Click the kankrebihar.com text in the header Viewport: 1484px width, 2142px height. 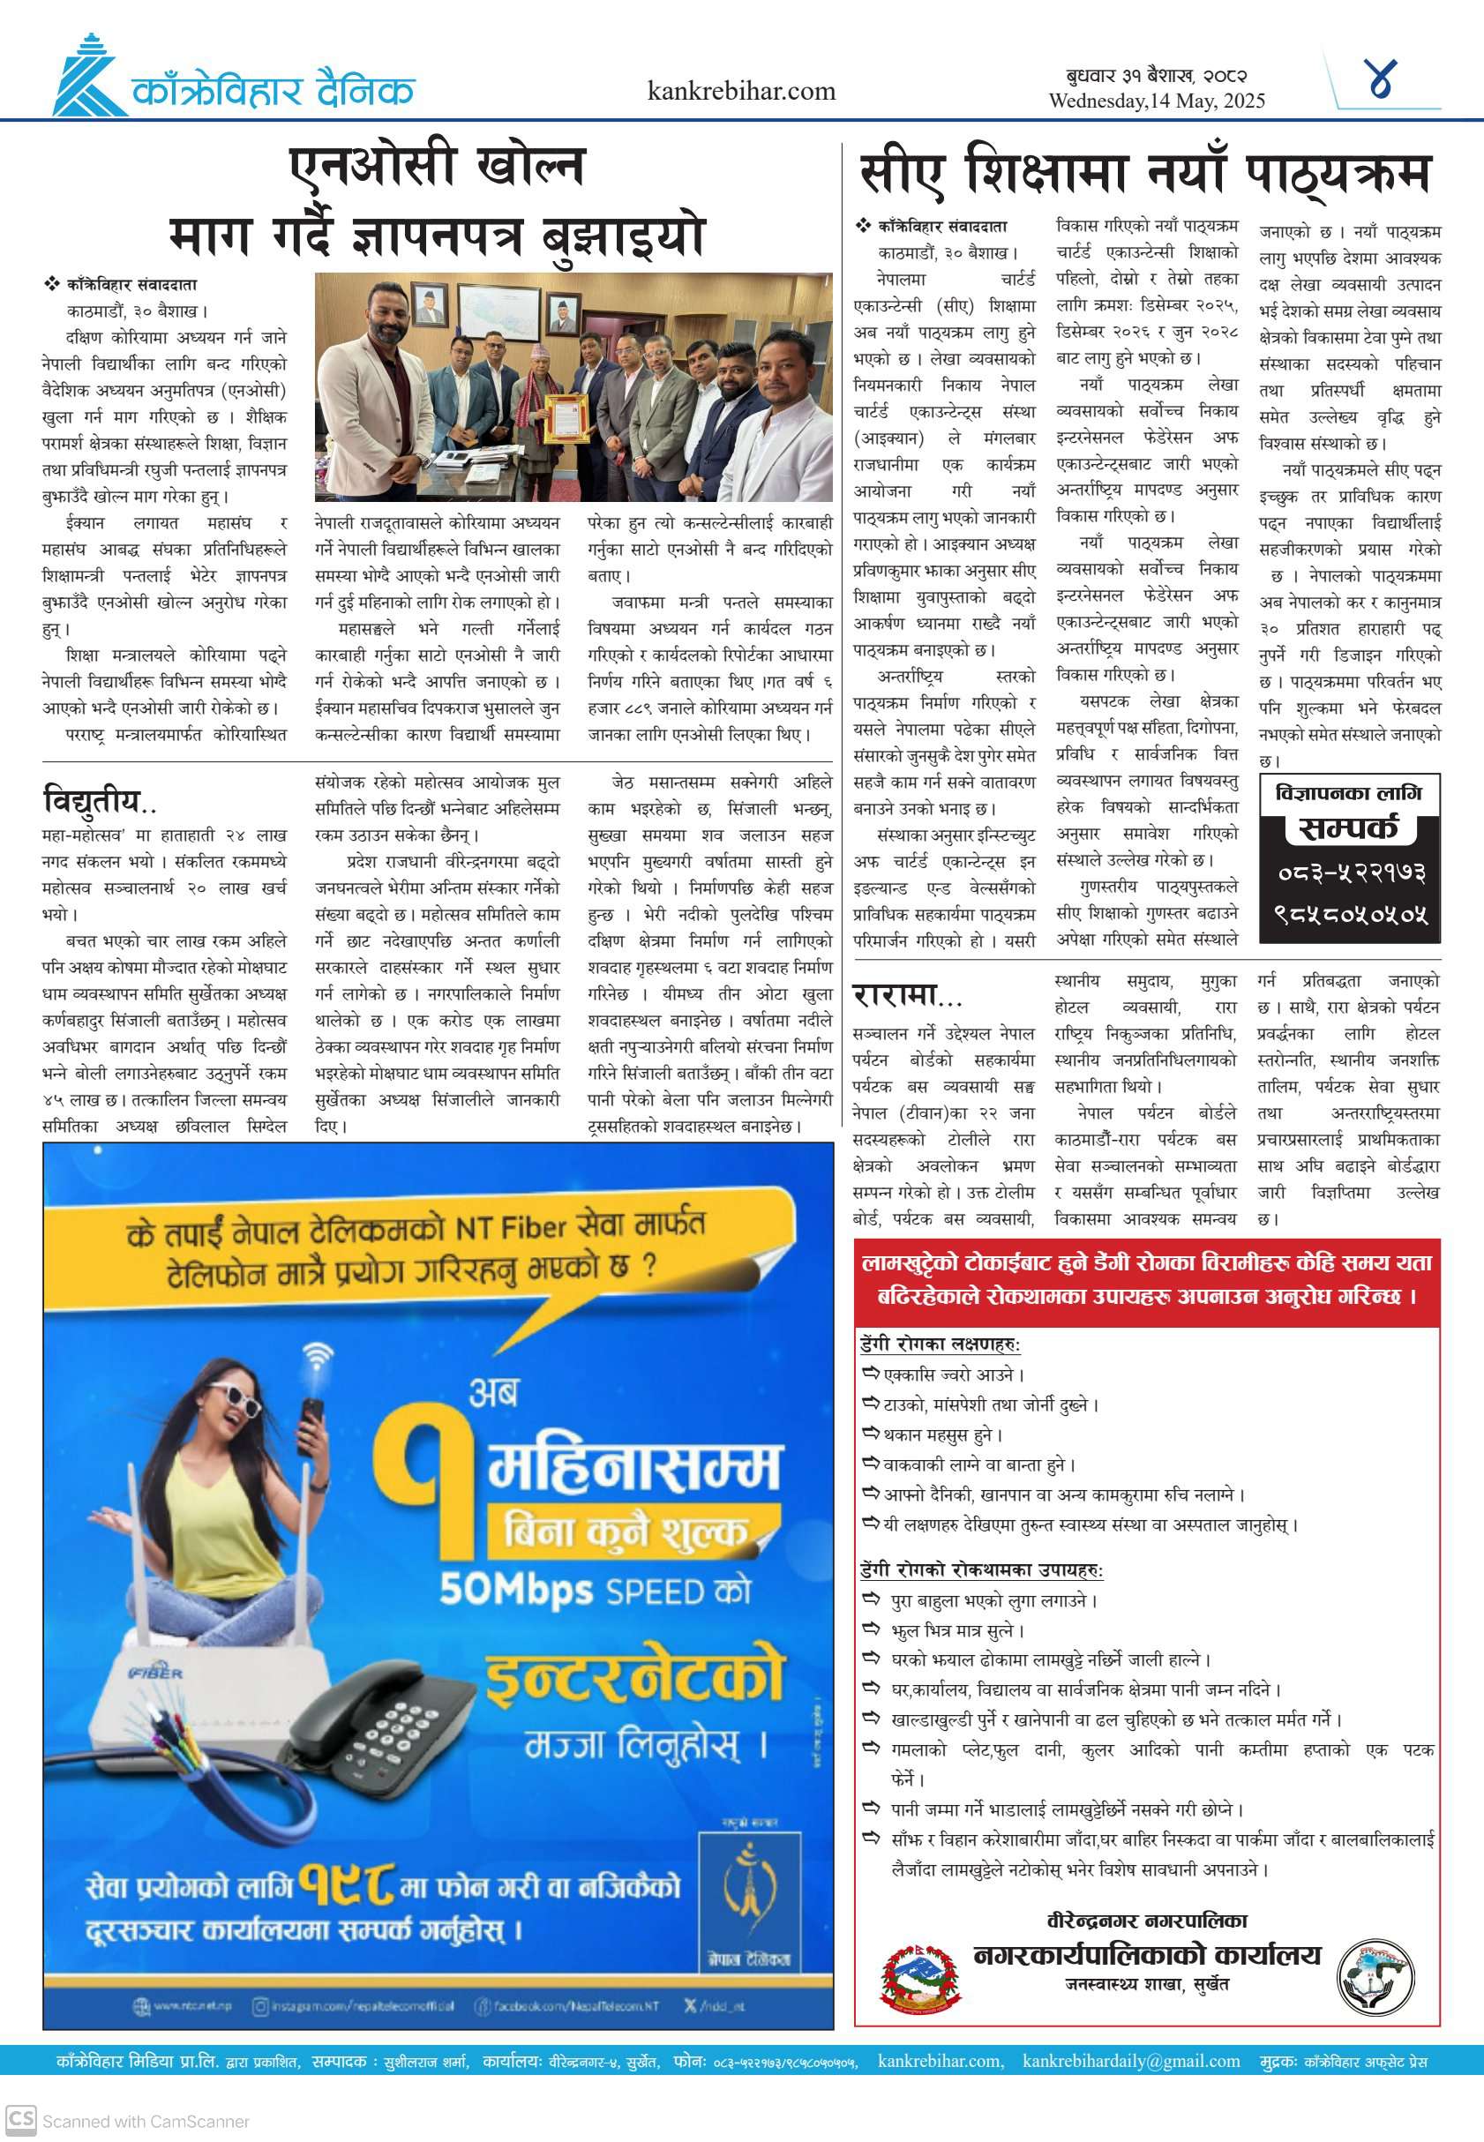(x=741, y=91)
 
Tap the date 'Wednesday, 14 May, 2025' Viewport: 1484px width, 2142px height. (x=1156, y=101)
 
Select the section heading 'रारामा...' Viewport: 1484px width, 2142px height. (x=907, y=996)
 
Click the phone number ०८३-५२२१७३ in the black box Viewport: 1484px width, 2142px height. (x=1351, y=873)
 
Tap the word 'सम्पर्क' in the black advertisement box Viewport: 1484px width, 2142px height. (x=1347, y=828)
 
